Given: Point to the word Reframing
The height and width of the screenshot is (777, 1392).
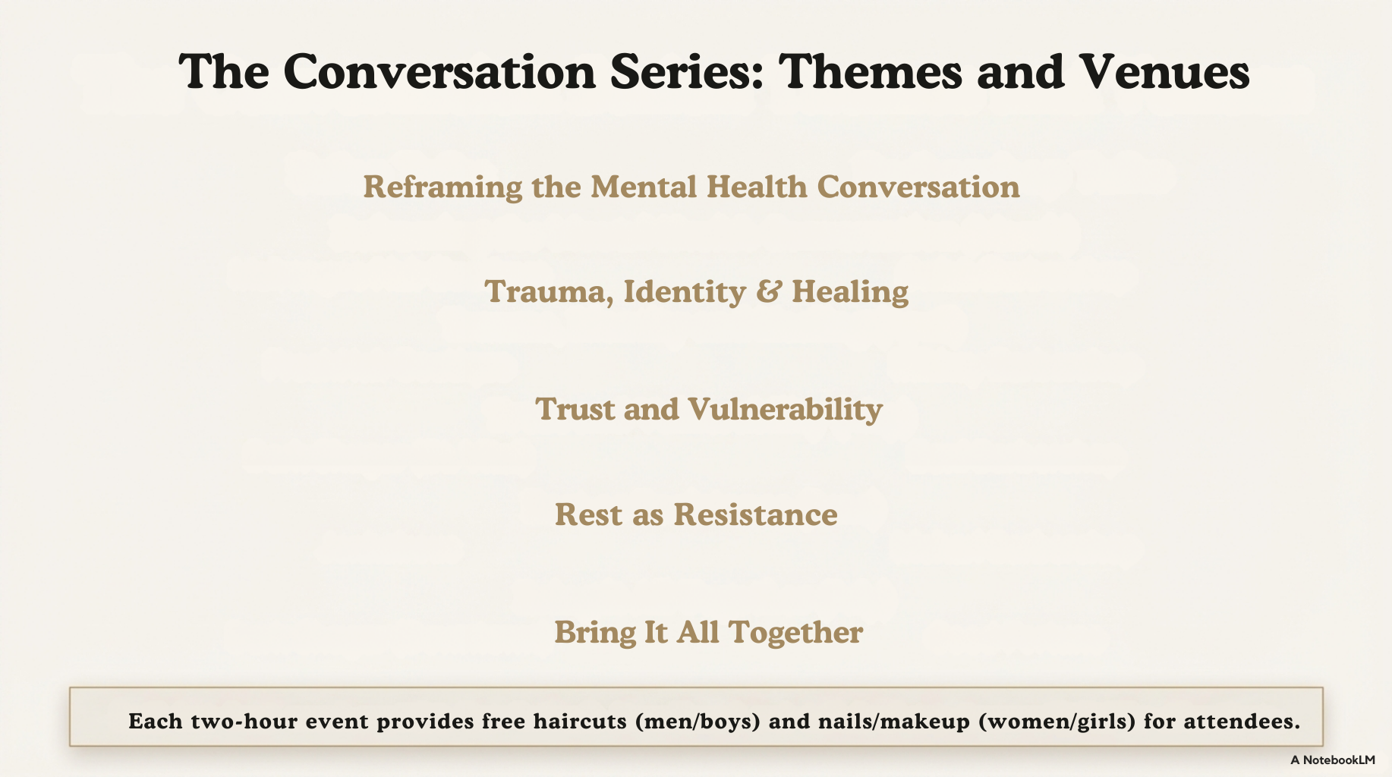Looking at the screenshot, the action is point(443,187).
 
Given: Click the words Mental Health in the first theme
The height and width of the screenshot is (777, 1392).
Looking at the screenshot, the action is point(699,187).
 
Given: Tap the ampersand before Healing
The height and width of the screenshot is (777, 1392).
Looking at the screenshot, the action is point(769,291).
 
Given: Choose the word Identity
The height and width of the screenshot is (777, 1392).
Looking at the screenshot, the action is point(685,292).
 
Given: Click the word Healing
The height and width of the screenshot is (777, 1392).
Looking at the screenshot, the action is point(850,292).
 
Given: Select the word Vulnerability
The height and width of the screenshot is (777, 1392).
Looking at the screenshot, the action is point(786,410).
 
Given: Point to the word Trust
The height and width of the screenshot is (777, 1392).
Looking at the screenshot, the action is point(575,410).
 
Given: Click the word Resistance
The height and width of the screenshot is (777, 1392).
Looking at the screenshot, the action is point(756,514).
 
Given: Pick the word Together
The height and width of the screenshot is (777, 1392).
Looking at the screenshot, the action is point(795,633).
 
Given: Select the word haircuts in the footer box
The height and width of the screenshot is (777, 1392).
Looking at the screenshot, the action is point(581,721).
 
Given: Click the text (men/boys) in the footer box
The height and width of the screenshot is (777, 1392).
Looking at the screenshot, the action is point(698,722).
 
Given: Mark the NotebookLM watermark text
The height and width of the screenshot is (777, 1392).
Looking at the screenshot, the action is point(1332,760).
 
